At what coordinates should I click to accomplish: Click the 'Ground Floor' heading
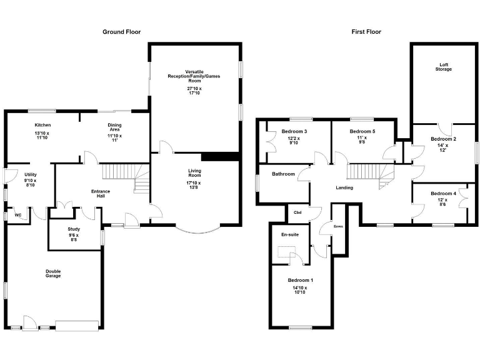click(x=121, y=31)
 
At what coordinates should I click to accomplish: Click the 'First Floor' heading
click(x=366, y=31)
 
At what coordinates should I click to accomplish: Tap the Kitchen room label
click(x=42, y=125)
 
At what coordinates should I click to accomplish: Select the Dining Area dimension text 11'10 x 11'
click(x=114, y=138)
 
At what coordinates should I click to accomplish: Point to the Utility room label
click(x=31, y=174)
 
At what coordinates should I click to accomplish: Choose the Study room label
click(x=74, y=229)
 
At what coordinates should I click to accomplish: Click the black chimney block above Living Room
click(x=220, y=156)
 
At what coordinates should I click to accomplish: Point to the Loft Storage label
click(x=444, y=66)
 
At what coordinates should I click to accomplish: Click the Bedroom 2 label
click(x=443, y=139)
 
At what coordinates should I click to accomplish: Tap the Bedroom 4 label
click(x=443, y=193)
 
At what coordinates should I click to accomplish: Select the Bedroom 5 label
click(x=362, y=131)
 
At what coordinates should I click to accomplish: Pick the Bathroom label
click(x=282, y=174)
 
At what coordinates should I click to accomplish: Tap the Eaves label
click(x=337, y=226)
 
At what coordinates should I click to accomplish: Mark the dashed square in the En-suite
click(x=287, y=252)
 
